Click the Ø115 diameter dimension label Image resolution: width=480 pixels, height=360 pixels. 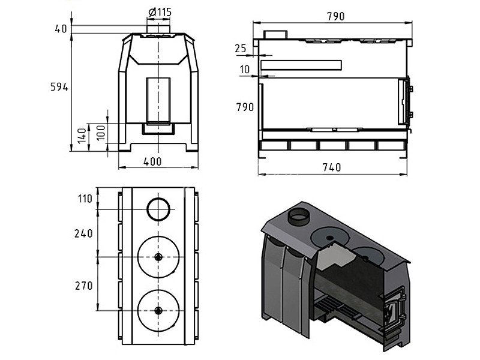(x=160, y=12)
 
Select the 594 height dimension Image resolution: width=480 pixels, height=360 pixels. (x=59, y=87)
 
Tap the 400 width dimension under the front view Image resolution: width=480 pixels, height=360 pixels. (x=152, y=161)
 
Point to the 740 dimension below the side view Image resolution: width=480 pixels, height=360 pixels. (x=332, y=167)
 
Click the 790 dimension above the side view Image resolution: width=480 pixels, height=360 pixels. (x=336, y=16)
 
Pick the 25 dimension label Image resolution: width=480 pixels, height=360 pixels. (x=241, y=49)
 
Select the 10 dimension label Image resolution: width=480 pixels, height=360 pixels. (x=245, y=70)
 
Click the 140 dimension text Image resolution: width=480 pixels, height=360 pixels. (x=82, y=136)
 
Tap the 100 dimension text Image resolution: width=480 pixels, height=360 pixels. (x=101, y=132)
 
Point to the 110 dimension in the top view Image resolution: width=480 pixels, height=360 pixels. (x=85, y=199)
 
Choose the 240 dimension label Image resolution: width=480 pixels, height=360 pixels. (x=83, y=233)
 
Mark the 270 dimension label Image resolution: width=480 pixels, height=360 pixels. (x=83, y=286)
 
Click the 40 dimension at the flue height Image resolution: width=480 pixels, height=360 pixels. (x=61, y=29)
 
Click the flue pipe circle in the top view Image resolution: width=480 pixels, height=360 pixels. (x=158, y=198)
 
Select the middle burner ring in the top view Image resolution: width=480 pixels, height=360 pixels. (x=158, y=236)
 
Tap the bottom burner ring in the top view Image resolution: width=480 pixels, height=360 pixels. (x=158, y=290)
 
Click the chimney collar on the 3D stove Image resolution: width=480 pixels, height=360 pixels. (x=298, y=217)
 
